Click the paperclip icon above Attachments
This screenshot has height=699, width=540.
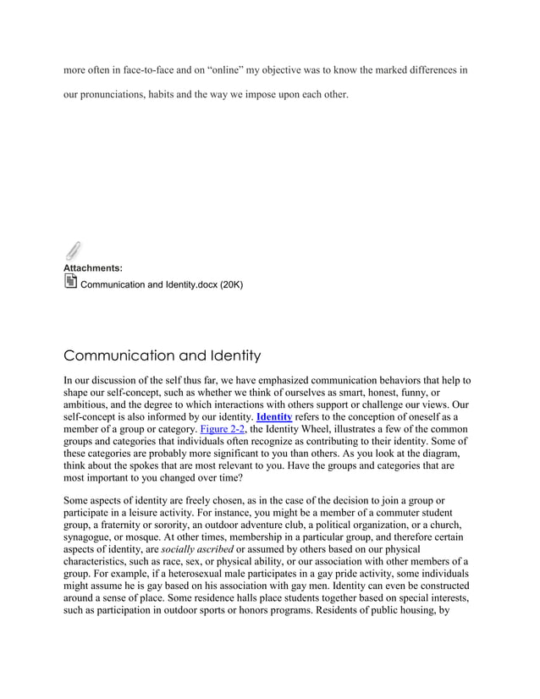(73, 251)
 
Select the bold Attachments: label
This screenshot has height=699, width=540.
(93, 268)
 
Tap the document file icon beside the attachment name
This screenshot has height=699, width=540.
(70, 283)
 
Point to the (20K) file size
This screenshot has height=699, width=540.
(231, 284)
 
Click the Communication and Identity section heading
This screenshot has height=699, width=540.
(162, 355)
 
